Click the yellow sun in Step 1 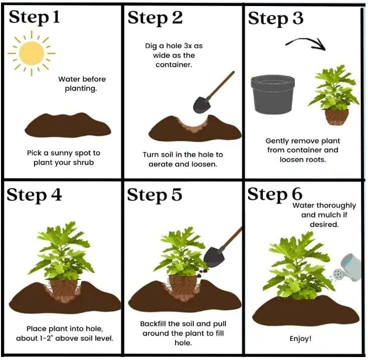click(32, 52)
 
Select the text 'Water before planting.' click(82, 84)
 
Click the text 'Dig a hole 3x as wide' click(173, 51)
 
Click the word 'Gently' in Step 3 click(277, 141)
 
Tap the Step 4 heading click(35, 195)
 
